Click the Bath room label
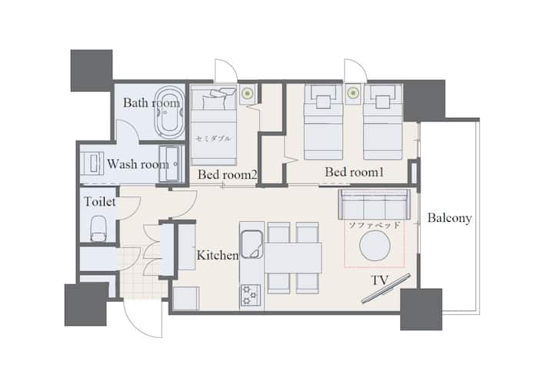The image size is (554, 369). point(152,103)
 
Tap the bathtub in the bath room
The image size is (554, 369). point(169,112)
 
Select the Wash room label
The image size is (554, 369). point(138,164)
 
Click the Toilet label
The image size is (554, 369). point(100,202)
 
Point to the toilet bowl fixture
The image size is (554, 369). point(98,228)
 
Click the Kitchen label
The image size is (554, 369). point(218,255)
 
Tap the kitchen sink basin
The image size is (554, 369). point(252,244)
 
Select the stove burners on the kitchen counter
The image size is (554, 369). point(251,295)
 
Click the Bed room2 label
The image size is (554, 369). point(227,174)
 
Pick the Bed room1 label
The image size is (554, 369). point(354,173)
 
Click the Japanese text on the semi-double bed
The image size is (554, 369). point(213,139)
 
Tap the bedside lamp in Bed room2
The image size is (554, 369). point(247,93)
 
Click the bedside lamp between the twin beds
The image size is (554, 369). point(352,93)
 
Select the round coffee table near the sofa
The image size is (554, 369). point(375,246)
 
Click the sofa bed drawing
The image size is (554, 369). point(375,204)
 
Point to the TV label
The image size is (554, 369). point(380,280)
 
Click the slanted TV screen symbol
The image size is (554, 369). point(385,288)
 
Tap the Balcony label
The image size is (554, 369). point(449,218)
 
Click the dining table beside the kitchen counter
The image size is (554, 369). point(293,257)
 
